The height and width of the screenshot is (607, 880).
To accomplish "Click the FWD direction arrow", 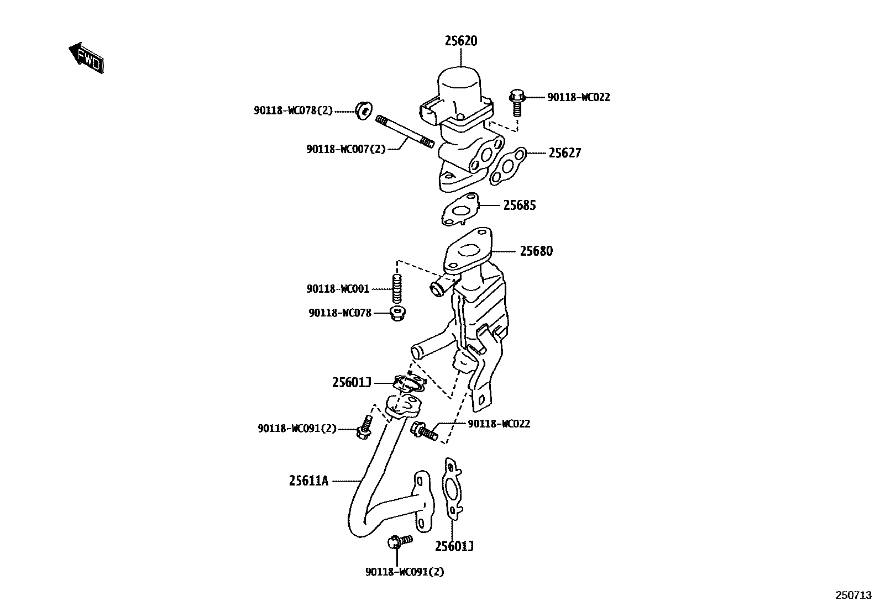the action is tap(86, 57).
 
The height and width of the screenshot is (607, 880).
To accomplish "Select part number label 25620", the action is tap(461, 41).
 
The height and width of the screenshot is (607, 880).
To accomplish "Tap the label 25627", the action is tap(564, 153).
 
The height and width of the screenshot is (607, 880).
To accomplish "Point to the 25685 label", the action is tap(519, 205).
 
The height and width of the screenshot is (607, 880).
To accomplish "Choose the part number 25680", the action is tap(536, 251).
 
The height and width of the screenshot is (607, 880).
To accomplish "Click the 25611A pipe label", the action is tap(308, 481).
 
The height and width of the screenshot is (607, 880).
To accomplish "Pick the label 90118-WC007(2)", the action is tap(345, 149).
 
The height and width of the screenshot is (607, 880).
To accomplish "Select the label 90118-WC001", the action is tap(338, 289).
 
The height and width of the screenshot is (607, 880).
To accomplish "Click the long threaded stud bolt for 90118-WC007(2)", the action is tap(404, 131).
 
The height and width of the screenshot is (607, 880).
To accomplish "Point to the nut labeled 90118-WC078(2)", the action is tap(364, 110).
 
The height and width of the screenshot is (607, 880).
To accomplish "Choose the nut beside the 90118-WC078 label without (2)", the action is tap(396, 313).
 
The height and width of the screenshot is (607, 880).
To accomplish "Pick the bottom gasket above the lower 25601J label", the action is tap(453, 488).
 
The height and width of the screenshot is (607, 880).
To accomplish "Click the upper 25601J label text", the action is tap(351, 382).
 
